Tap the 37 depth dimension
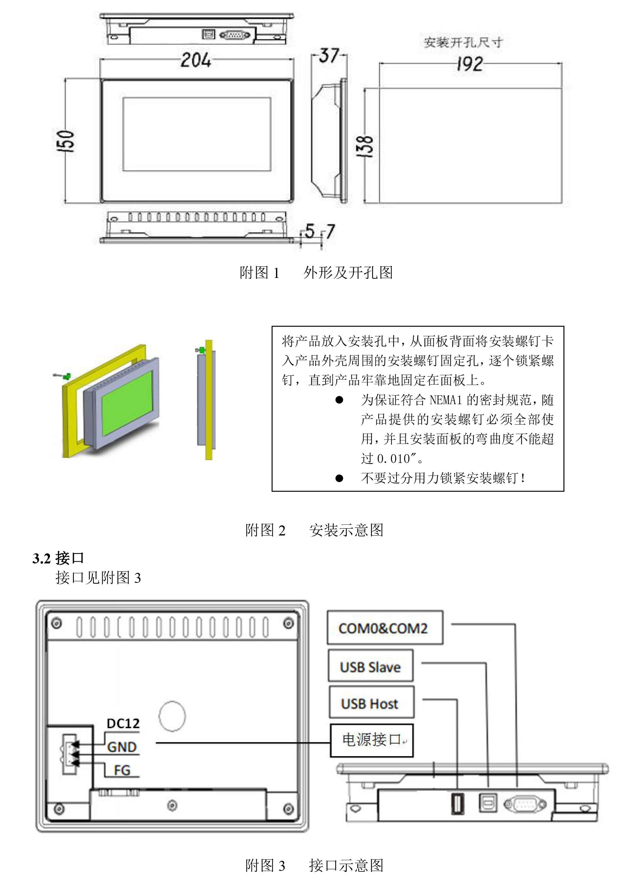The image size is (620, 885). pyautogui.click(x=329, y=56)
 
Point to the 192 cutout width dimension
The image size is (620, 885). pyautogui.click(x=469, y=64)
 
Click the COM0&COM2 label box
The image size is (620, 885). pyautogui.click(x=384, y=628)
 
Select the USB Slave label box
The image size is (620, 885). pyautogui.click(x=370, y=667)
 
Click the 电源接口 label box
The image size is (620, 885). pyautogui.click(x=372, y=740)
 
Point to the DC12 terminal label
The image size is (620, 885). pyautogui.click(x=123, y=724)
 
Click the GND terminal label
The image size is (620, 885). pyautogui.click(x=122, y=747)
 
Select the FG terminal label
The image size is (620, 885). pyautogui.click(x=122, y=770)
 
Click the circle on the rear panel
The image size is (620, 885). pyautogui.click(x=172, y=716)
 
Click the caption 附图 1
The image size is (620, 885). pyautogui.click(x=260, y=273)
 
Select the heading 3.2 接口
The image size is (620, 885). pyautogui.click(x=58, y=558)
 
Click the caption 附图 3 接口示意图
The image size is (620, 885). pyautogui.click(x=315, y=865)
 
